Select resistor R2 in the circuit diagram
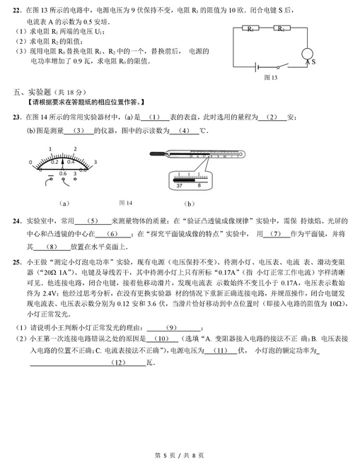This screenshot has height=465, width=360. click(x=281, y=29)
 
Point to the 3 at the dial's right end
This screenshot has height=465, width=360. click(x=104, y=162)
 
